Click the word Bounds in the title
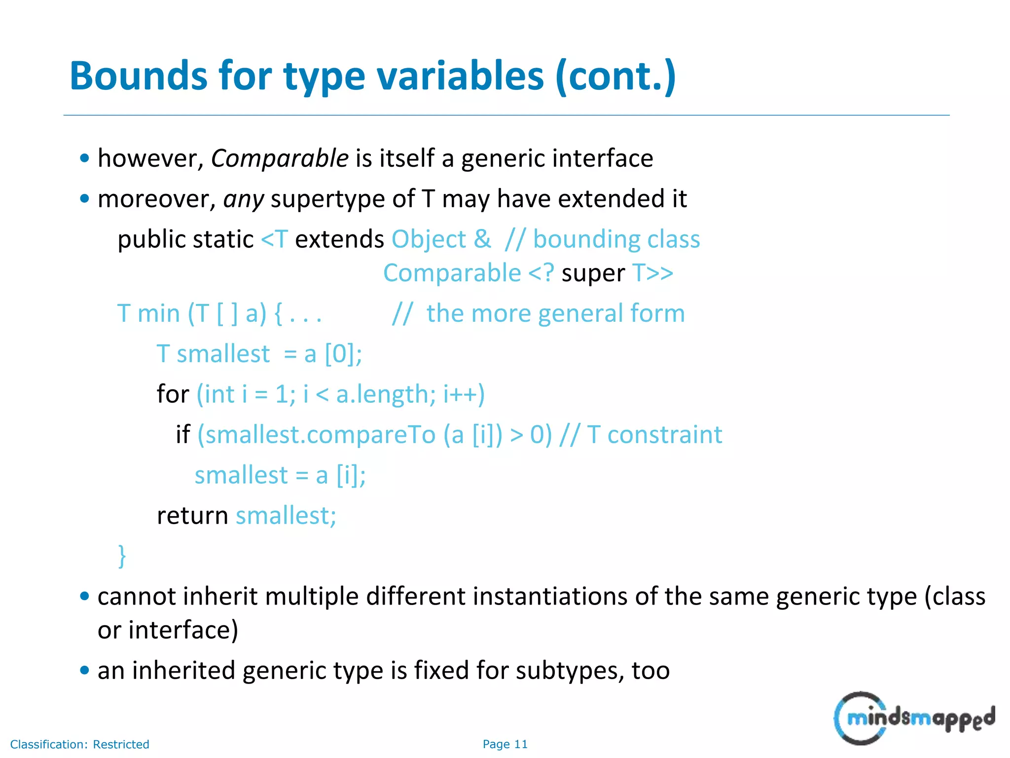pos(139,76)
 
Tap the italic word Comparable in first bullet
pos(280,159)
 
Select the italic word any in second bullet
pos(244,199)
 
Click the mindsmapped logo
pos(914,718)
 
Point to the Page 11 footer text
pos(505,744)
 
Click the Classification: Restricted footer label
pos(80,744)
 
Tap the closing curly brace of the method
pos(122,556)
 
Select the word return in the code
pos(192,516)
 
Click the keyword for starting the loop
pos(173,394)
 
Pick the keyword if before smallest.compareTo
pos(183,435)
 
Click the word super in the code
pos(593,273)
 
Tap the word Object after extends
pos(429,240)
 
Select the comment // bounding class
pos(602,240)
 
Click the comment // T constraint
pos(641,435)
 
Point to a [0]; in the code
pos(333,354)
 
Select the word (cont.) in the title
pos(615,76)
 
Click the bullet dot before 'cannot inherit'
pos(85,596)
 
